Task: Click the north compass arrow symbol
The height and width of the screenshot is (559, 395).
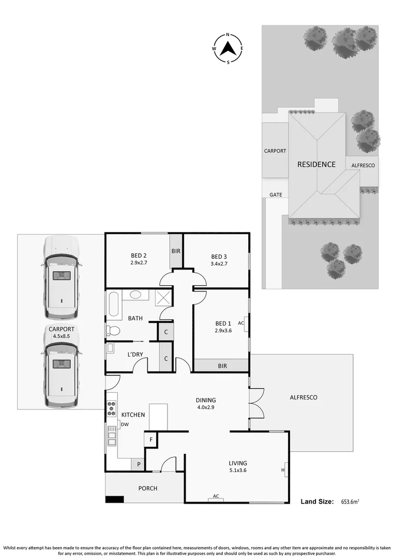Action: pyautogui.click(x=228, y=49)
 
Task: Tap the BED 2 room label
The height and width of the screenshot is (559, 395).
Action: pyautogui.click(x=139, y=256)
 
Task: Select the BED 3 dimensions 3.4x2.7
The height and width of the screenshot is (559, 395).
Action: pyautogui.click(x=219, y=263)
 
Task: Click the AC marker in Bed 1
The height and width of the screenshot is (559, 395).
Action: pyautogui.click(x=241, y=322)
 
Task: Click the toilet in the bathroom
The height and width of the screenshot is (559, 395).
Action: pyautogui.click(x=113, y=330)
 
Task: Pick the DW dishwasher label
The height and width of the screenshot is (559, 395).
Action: pyautogui.click(x=125, y=425)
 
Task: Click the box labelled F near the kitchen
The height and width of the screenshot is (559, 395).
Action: pyautogui.click(x=150, y=439)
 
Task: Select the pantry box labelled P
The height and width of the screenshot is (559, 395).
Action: pyautogui.click(x=139, y=465)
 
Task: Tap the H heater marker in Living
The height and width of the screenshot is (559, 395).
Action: pyautogui.click(x=283, y=470)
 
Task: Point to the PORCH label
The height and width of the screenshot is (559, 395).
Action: pyautogui.click(x=148, y=488)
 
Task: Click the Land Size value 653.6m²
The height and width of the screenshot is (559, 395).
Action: pyautogui.click(x=350, y=502)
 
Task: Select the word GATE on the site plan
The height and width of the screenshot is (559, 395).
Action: pyautogui.click(x=276, y=195)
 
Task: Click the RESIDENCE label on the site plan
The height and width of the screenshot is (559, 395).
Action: pyautogui.click(x=316, y=165)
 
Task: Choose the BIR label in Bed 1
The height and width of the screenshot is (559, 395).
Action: pyautogui.click(x=222, y=365)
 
